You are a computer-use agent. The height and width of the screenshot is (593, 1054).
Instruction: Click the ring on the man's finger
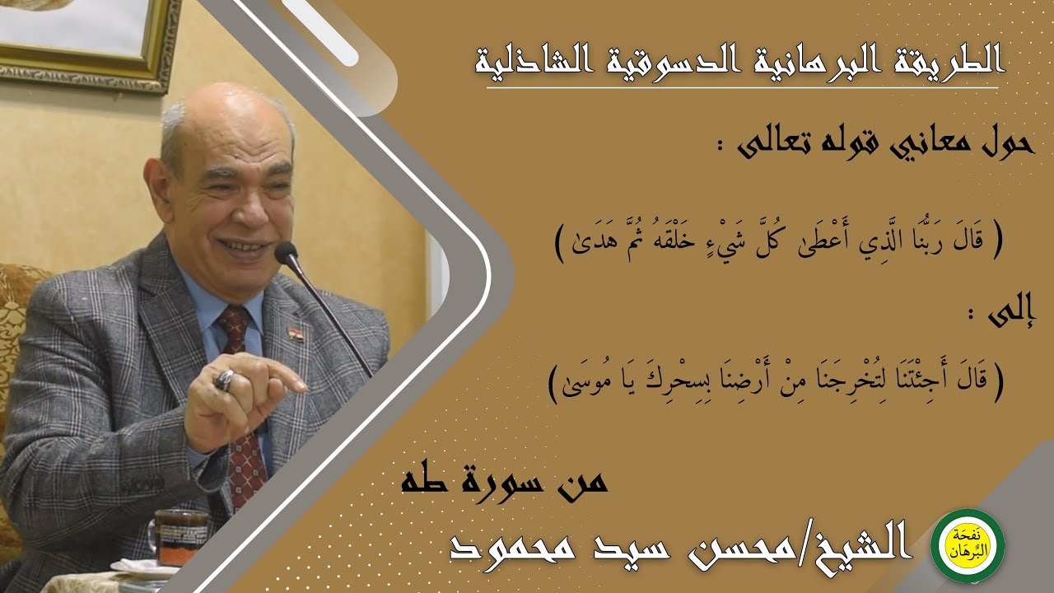(225, 380)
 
